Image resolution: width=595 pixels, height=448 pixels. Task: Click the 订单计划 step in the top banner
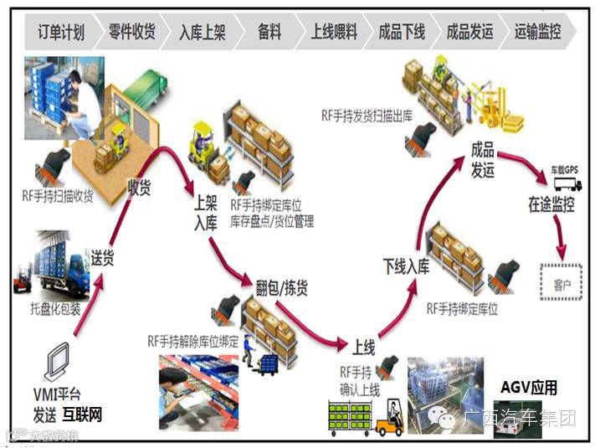tap(61, 33)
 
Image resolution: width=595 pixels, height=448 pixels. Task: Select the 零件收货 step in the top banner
tap(132, 33)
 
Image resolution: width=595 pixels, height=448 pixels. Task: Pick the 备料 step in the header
tap(269, 33)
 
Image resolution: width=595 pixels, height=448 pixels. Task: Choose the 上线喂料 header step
tap(334, 33)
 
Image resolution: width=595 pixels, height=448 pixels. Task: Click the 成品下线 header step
tap(402, 33)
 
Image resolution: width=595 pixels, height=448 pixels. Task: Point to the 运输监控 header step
tap(538, 33)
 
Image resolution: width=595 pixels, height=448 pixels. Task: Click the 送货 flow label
tap(102, 257)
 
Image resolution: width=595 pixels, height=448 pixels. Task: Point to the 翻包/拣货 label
tap(281, 288)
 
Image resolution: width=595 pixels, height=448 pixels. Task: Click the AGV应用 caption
tap(528, 388)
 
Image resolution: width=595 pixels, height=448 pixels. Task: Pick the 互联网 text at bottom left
tap(82, 414)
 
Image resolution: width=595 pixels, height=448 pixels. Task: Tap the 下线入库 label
tap(406, 267)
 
